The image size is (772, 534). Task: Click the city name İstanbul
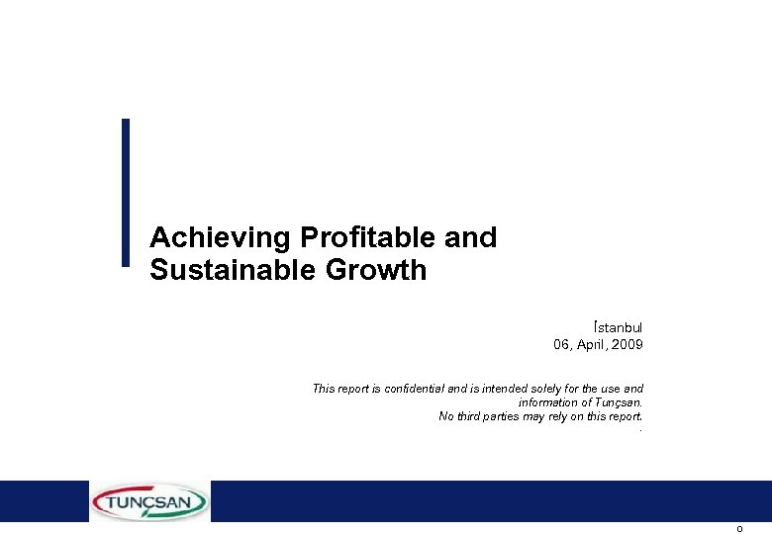[x=619, y=326]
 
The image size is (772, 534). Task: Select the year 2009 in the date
[x=627, y=344]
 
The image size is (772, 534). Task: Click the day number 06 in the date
[x=561, y=344]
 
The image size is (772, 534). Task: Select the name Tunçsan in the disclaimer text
[x=618, y=402]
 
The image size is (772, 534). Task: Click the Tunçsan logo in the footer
[x=149, y=501]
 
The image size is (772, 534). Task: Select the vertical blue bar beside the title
[x=126, y=193]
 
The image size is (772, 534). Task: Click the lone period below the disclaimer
[x=641, y=430]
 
